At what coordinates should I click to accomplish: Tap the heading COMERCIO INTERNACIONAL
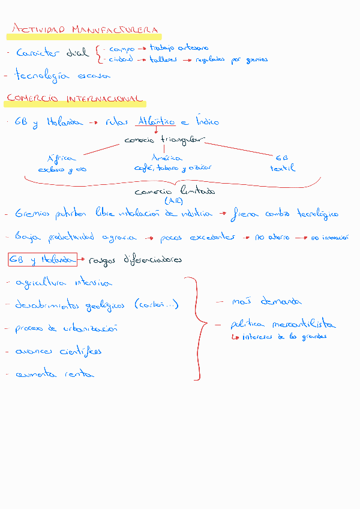click(x=74, y=99)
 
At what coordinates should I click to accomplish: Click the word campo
click(x=122, y=49)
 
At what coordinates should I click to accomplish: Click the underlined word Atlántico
click(x=156, y=122)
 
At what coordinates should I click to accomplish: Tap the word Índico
click(x=212, y=122)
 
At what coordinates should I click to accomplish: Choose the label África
click(x=61, y=158)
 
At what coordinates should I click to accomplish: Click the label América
click(x=167, y=158)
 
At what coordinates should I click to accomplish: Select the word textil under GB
click(x=283, y=169)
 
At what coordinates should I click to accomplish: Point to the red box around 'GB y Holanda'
click(x=42, y=260)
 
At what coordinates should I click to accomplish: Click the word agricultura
click(x=43, y=282)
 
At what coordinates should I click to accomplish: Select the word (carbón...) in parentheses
click(x=157, y=305)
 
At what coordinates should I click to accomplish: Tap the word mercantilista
click(x=303, y=325)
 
